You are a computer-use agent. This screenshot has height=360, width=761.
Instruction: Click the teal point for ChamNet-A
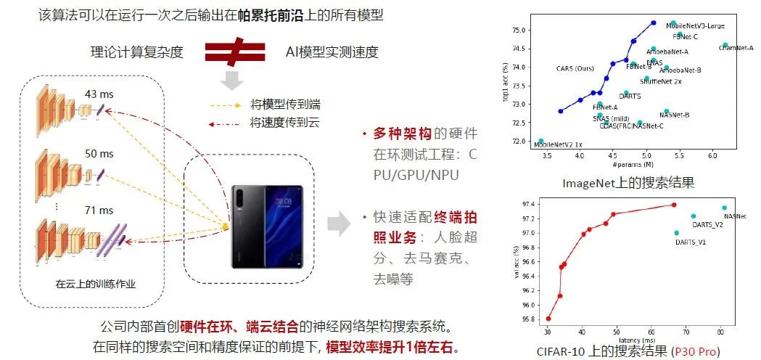pos(725,45)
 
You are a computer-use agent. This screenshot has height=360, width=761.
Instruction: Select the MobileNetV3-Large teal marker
pos(672,23)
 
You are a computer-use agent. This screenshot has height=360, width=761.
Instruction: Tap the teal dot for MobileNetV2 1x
pos(540,141)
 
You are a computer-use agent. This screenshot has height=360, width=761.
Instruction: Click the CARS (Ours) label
pos(575,69)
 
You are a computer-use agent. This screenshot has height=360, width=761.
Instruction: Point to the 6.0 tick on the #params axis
pos(712,156)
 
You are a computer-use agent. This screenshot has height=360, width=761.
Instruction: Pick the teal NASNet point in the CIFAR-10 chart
pos(724,208)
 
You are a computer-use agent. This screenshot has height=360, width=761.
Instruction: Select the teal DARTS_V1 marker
pos(676,233)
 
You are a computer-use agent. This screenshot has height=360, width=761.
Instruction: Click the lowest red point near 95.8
pos(548,318)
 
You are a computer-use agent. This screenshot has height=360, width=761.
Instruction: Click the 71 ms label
pos(99,210)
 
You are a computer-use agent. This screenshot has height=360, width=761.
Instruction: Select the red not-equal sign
pos(234,52)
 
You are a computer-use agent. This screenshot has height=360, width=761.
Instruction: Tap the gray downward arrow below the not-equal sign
pos(231,81)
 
